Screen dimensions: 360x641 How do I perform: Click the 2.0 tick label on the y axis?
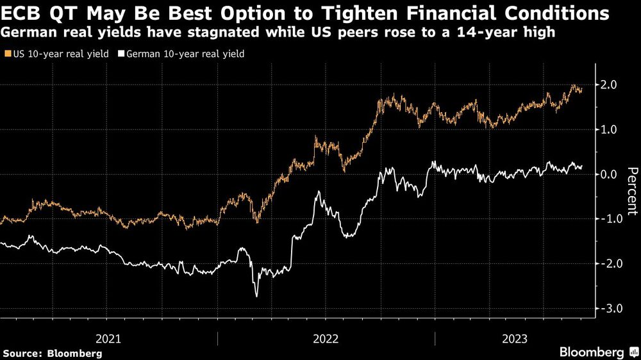click(608, 85)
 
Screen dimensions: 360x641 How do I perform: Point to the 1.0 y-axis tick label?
click(608, 129)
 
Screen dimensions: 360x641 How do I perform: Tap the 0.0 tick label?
click(608, 174)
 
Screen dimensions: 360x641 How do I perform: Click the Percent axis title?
click(632, 190)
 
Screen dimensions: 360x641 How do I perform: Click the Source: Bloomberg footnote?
click(53, 353)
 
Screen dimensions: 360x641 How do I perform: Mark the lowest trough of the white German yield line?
click(256, 296)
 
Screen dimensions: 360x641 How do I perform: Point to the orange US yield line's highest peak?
click(573, 85)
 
